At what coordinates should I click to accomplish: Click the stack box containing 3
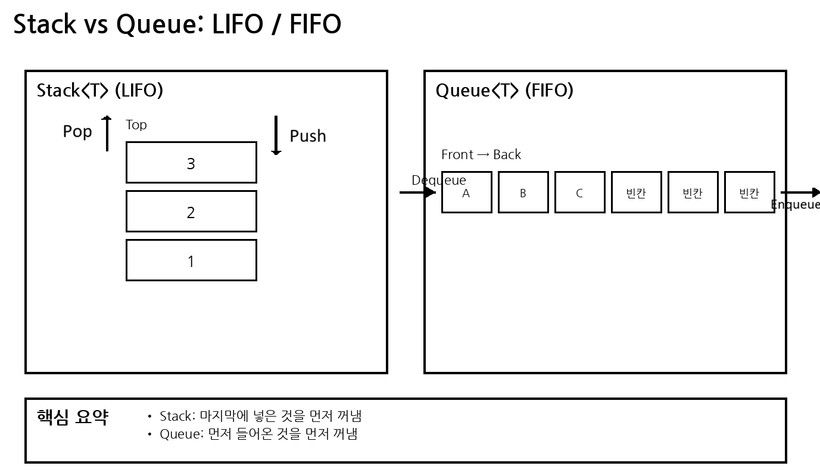click(x=191, y=163)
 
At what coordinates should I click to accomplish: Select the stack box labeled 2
click(x=191, y=212)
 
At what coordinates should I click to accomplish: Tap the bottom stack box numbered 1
click(x=191, y=260)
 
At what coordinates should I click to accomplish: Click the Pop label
click(x=77, y=131)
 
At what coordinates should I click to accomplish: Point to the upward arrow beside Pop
click(x=107, y=133)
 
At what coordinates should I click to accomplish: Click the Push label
click(x=308, y=136)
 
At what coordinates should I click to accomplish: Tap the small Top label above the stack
click(x=136, y=125)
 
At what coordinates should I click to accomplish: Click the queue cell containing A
click(x=466, y=192)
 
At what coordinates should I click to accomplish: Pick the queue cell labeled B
click(x=523, y=192)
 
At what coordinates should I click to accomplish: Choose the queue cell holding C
click(x=579, y=192)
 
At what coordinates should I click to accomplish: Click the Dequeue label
click(x=439, y=180)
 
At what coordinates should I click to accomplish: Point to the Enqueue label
click(x=795, y=204)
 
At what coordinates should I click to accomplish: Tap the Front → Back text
click(x=481, y=154)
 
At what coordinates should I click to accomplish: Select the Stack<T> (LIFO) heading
click(x=100, y=91)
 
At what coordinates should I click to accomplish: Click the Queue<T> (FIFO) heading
click(x=504, y=91)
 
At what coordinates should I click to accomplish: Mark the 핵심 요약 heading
click(x=72, y=417)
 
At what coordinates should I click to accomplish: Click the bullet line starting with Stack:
click(x=260, y=416)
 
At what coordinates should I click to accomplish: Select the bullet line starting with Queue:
click(x=258, y=434)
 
